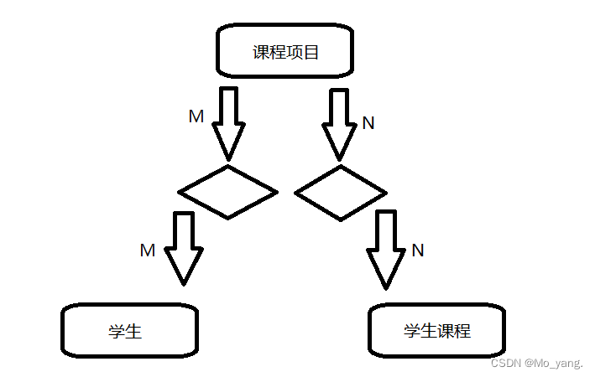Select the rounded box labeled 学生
[129, 330]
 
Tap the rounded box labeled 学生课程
[436, 330]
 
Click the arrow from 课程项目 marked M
[228, 122]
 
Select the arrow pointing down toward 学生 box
[183, 248]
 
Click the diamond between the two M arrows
[227, 192]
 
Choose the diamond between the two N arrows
[341, 193]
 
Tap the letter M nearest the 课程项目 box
[196, 116]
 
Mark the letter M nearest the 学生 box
[148, 250]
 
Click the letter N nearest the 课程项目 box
[368, 123]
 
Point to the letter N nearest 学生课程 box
[418, 250]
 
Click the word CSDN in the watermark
[506, 364]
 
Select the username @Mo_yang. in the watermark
[555, 364]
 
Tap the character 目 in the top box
[311, 52]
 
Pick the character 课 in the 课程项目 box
[261, 52]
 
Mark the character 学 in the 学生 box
[117, 331]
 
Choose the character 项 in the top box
[295, 52]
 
